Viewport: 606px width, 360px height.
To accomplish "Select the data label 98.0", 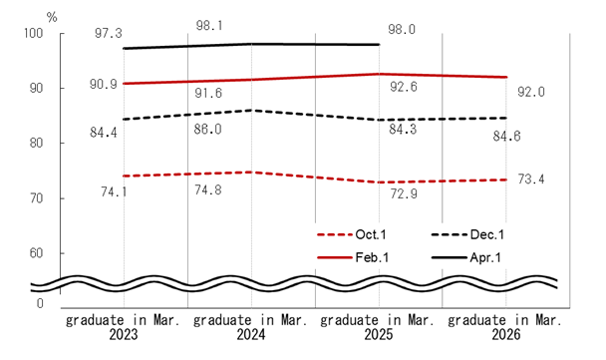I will pos(403,28).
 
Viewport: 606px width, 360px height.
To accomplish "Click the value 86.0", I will pos(205,130).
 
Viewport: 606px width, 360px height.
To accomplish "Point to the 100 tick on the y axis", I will pos(34,34).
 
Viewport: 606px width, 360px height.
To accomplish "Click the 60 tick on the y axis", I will pos(37,253).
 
